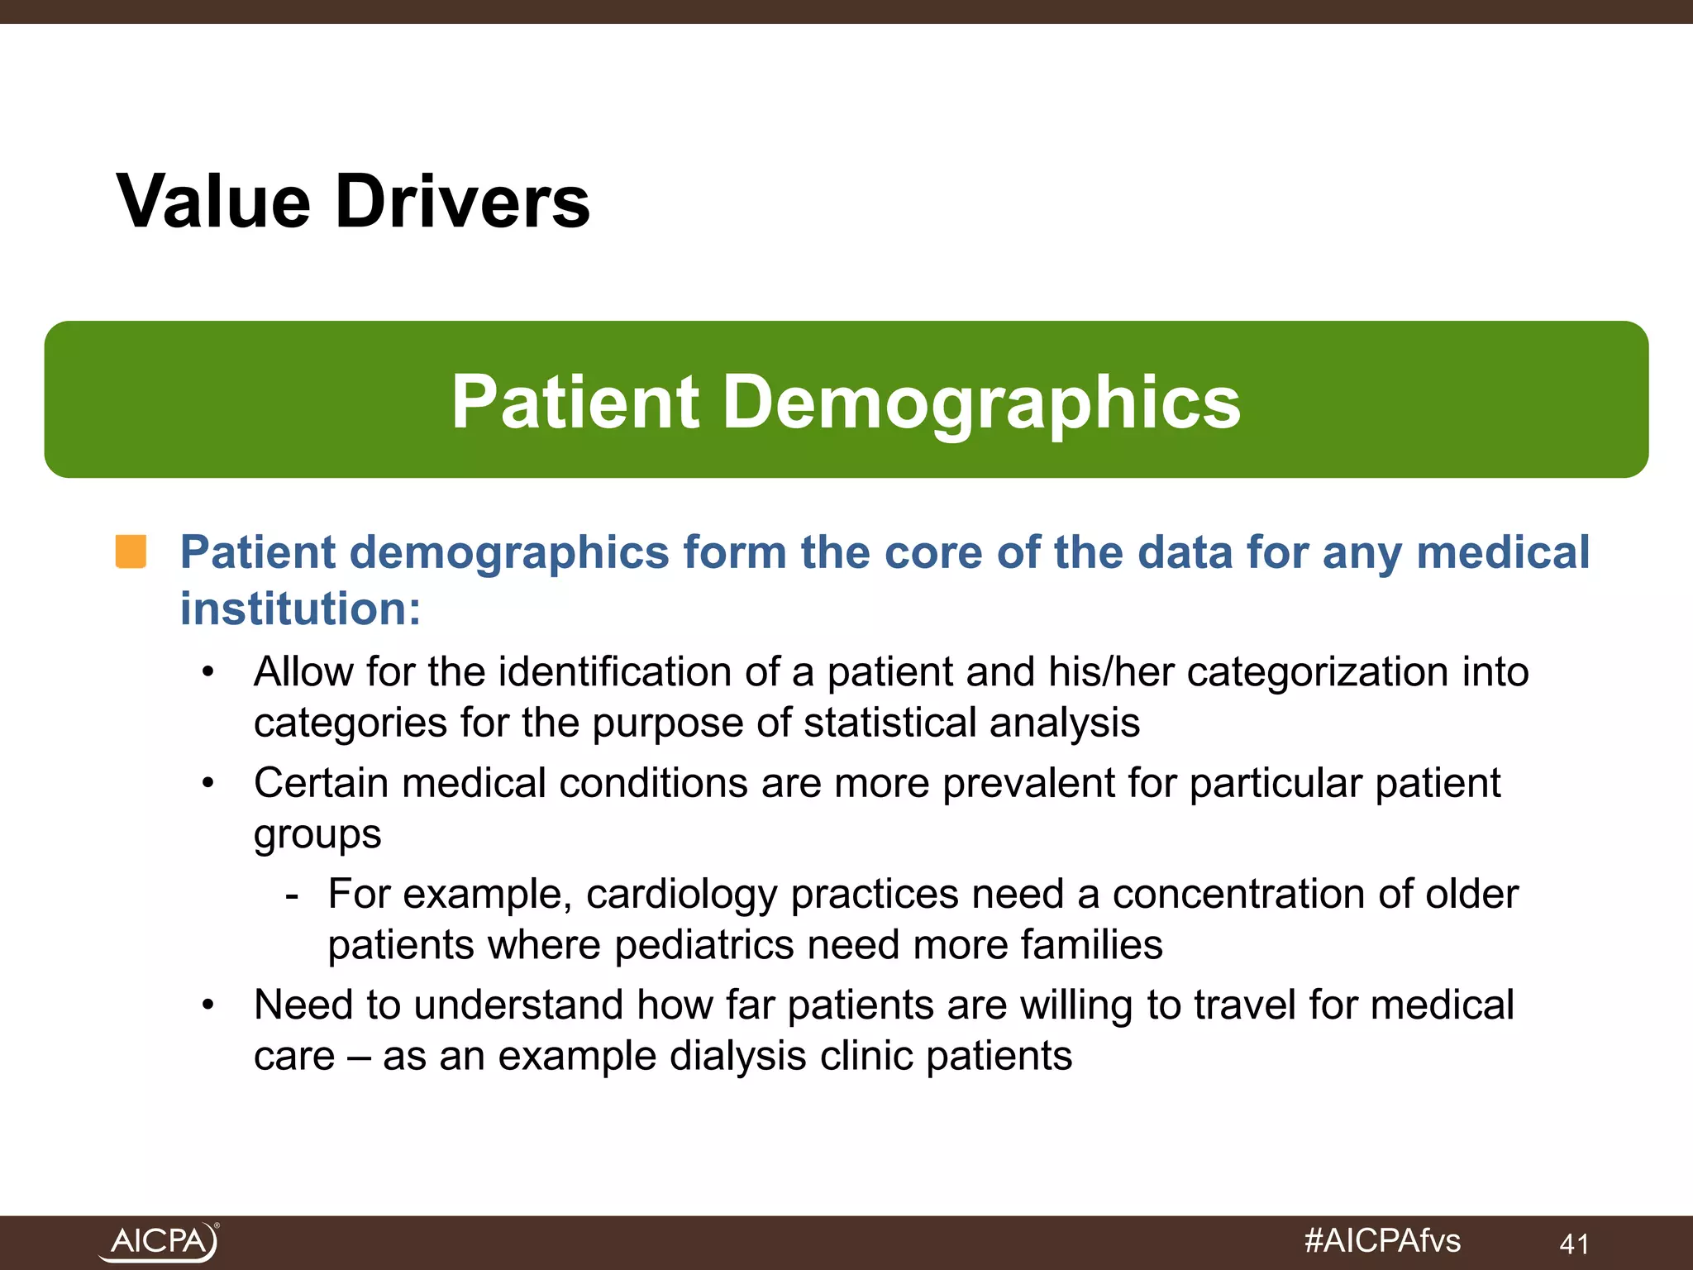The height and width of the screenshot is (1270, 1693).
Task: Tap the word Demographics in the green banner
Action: tap(981, 403)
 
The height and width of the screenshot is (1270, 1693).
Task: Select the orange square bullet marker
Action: tap(131, 551)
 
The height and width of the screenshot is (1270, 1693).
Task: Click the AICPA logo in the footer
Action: tap(158, 1242)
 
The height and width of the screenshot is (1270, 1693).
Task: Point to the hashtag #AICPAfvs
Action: tap(1382, 1240)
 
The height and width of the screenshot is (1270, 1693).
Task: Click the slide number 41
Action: tap(1574, 1244)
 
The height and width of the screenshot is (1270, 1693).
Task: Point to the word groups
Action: tap(317, 835)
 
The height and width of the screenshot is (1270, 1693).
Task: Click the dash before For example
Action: tap(291, 895)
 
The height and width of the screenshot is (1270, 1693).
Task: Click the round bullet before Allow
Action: tap(208, 672)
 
